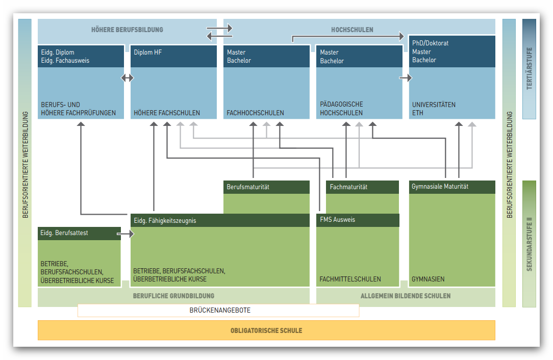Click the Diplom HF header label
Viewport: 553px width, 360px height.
point(148,52)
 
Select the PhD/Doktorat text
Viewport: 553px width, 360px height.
point(430,43)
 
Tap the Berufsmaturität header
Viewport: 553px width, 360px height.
point(248,187)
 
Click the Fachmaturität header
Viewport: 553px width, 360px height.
point(348,187)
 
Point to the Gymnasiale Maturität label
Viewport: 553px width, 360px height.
point(440,187)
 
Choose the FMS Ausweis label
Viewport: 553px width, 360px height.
point(338,220)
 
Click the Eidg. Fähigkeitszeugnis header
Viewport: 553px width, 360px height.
point(165,221)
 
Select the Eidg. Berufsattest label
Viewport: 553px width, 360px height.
point(64,233)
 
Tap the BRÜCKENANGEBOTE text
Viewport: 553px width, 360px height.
point(220,311)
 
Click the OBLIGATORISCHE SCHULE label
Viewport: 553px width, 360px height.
point(266,331)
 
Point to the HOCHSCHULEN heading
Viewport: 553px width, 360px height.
point(352,30)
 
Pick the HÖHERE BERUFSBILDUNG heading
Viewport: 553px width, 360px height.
point(128,30)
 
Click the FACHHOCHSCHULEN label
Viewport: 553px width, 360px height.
point(256,113)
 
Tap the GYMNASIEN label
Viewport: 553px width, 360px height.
point(428,279)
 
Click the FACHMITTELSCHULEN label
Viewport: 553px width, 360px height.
point(350,279)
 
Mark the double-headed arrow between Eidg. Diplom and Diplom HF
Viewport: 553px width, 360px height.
point(128,78)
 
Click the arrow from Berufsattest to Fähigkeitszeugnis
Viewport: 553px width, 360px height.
point(125,234)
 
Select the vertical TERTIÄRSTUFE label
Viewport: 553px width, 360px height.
point(529,68)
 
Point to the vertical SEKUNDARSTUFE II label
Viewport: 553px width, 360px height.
point(529,244)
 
